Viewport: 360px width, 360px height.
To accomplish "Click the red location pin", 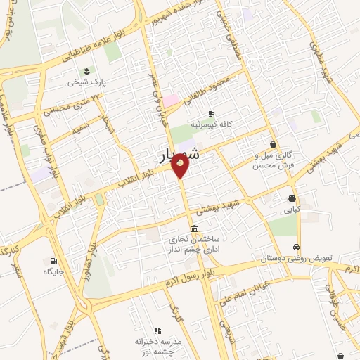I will coord(181,165).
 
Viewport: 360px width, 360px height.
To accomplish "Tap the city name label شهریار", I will coord(176,155).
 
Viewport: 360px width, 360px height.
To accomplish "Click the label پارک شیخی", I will coord(85,82).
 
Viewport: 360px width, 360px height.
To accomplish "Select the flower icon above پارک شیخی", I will coord(86,70).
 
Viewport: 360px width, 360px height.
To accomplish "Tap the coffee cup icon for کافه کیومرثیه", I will coord(210,114).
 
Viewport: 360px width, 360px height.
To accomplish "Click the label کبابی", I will coord(292,209).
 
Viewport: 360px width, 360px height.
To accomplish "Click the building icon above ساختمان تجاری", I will coord(194,226).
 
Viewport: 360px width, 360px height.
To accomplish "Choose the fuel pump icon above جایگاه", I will coord(53,260).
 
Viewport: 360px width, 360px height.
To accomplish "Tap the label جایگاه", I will coord(53,271).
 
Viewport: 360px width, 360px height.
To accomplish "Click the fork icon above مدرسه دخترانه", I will coord(157,330).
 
